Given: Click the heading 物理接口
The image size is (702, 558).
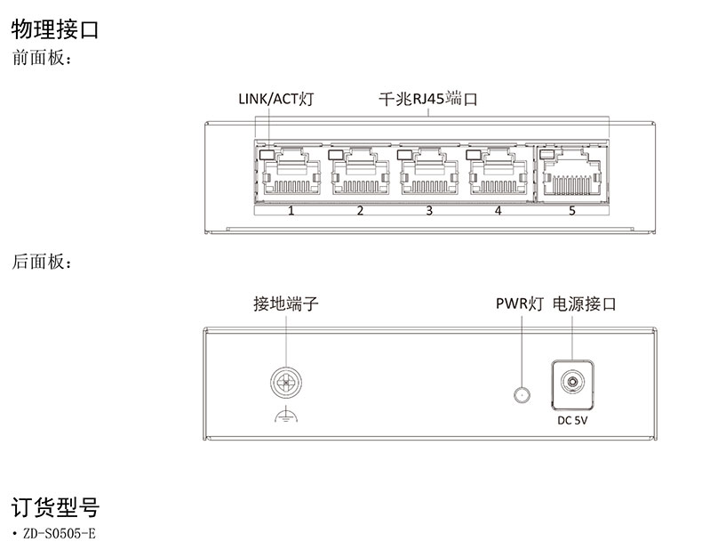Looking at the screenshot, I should click(x=55, y=29).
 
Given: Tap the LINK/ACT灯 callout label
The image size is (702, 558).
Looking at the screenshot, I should click(x=275, y=99).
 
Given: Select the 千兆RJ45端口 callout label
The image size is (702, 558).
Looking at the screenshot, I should click(x=427, y=99).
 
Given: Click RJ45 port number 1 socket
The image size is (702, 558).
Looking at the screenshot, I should click(x=291, y=174).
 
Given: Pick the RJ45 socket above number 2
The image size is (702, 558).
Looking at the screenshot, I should click(x=360, y=174).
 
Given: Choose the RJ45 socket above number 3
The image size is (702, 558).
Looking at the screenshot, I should click(x=429, y=174).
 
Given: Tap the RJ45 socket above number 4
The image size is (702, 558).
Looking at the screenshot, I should click(x=498, y=174).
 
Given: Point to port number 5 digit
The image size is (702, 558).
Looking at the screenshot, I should click(x=572, y=211).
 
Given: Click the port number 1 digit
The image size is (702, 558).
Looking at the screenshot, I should click(x=291, y=211).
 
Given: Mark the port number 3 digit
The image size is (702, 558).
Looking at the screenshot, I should click(x=429, y=211).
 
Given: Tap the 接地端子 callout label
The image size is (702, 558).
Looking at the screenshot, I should click(x=286, y=304).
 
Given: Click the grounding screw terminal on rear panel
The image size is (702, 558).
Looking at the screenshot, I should click(x=286, y=384).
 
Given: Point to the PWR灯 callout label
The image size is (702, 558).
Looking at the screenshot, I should click(x=519, y=304).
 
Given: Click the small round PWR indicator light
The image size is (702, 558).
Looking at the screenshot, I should click(x=523, y=394).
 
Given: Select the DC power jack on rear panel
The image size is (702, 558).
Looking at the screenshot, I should click(x=570, y=384).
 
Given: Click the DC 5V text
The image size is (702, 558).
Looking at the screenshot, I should click(x=572, y=421).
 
